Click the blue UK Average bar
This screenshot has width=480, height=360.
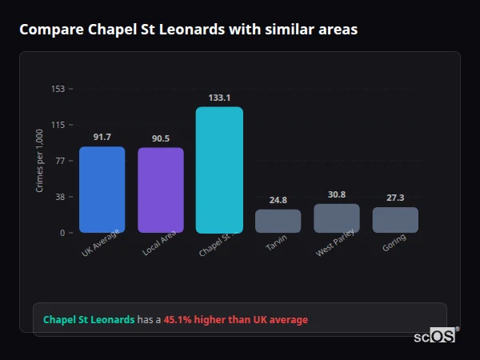point(102,190)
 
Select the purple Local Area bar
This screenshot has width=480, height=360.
point(161,190)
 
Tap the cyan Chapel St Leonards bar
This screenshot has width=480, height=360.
point(219,170)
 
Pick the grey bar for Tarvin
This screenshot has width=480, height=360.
point(278,221)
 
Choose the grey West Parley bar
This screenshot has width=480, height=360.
point(337,218)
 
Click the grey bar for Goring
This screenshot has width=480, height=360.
point(395,220)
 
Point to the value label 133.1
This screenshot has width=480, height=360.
point(219,98)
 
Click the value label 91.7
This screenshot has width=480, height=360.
point(102,137)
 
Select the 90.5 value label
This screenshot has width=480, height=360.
point(161,138)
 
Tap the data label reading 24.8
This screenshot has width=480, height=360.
point(278,200)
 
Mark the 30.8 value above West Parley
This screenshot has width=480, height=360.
point(337,194)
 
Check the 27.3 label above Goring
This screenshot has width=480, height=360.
point(395,198)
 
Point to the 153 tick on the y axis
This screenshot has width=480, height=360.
point(58,89)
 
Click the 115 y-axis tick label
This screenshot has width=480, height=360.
point(58,125)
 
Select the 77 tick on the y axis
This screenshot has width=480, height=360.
point(60,161)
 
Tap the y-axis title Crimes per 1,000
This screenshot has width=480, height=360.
point(40,161)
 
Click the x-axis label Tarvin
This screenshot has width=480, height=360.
point(277,244)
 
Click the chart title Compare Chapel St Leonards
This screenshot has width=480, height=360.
point(188,30)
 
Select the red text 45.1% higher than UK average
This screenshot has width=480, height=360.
point(235,320)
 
